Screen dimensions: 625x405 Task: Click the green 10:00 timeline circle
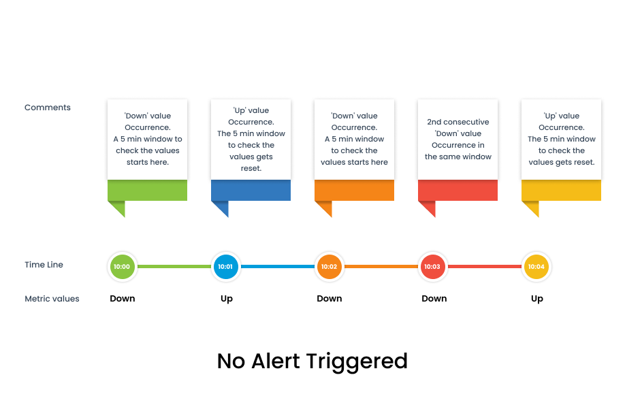122,267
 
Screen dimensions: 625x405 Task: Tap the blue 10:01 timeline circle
225,267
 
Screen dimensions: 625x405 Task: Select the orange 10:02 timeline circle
330,267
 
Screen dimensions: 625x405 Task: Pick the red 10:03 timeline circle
432,267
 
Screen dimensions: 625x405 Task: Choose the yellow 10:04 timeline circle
536,267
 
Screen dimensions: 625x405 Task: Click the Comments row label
48,108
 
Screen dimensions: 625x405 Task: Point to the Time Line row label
44,265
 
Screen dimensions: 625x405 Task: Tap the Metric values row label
52,299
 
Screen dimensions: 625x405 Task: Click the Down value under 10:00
123,299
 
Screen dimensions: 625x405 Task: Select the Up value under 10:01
227,299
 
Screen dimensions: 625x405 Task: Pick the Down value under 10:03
434,299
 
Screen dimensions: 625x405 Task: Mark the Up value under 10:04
537,299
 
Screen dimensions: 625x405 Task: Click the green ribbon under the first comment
147,191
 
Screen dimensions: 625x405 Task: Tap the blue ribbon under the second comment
251,191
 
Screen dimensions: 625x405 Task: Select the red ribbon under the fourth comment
458,191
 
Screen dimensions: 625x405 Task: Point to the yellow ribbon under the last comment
561,191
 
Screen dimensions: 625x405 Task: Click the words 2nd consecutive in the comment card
458,122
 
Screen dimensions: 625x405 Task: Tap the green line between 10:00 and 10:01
174,266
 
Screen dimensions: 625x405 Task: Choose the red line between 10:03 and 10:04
485,266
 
